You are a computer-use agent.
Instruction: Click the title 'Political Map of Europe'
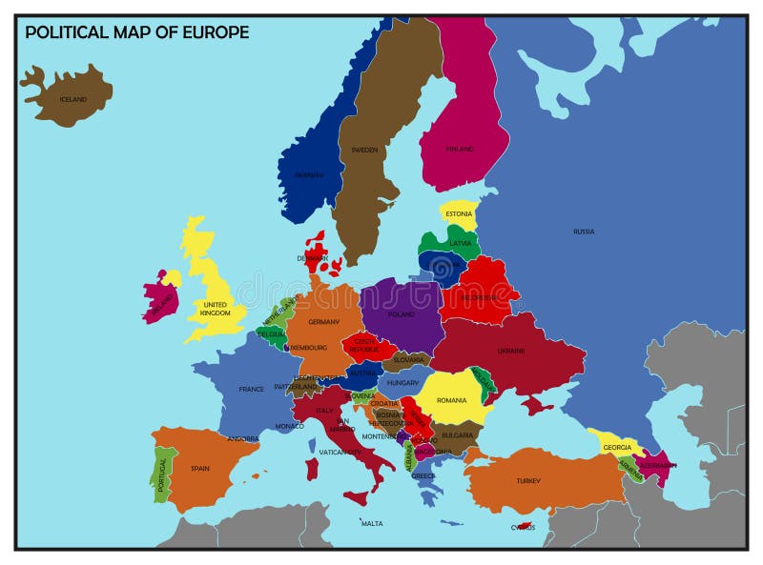tap(136, 32)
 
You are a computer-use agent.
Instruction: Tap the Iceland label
tap(73, 99)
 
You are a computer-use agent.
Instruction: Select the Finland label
tap(460, 149)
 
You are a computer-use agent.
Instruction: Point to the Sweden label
tap(364, 150)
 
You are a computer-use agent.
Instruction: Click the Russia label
tap(584, 232)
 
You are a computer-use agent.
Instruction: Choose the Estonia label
tap(459, 214)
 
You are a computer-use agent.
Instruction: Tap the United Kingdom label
tap(216, 309)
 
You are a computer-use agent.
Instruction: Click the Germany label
tap(323, 322)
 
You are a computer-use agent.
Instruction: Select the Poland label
tap(402, 313)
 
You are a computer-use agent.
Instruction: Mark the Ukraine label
tap(511, 351)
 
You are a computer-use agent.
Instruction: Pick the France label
tap(252, 389)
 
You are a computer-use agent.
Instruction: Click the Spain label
tap(200, 468)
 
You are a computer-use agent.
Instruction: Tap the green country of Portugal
tap(163, 474)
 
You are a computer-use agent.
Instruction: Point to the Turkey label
tap(528, 481)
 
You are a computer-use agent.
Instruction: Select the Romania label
tap(452, 400)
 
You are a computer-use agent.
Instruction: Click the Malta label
tap(372, 523)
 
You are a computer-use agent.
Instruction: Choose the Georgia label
tap(617, 447)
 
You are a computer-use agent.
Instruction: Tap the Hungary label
tap(402, 382)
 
